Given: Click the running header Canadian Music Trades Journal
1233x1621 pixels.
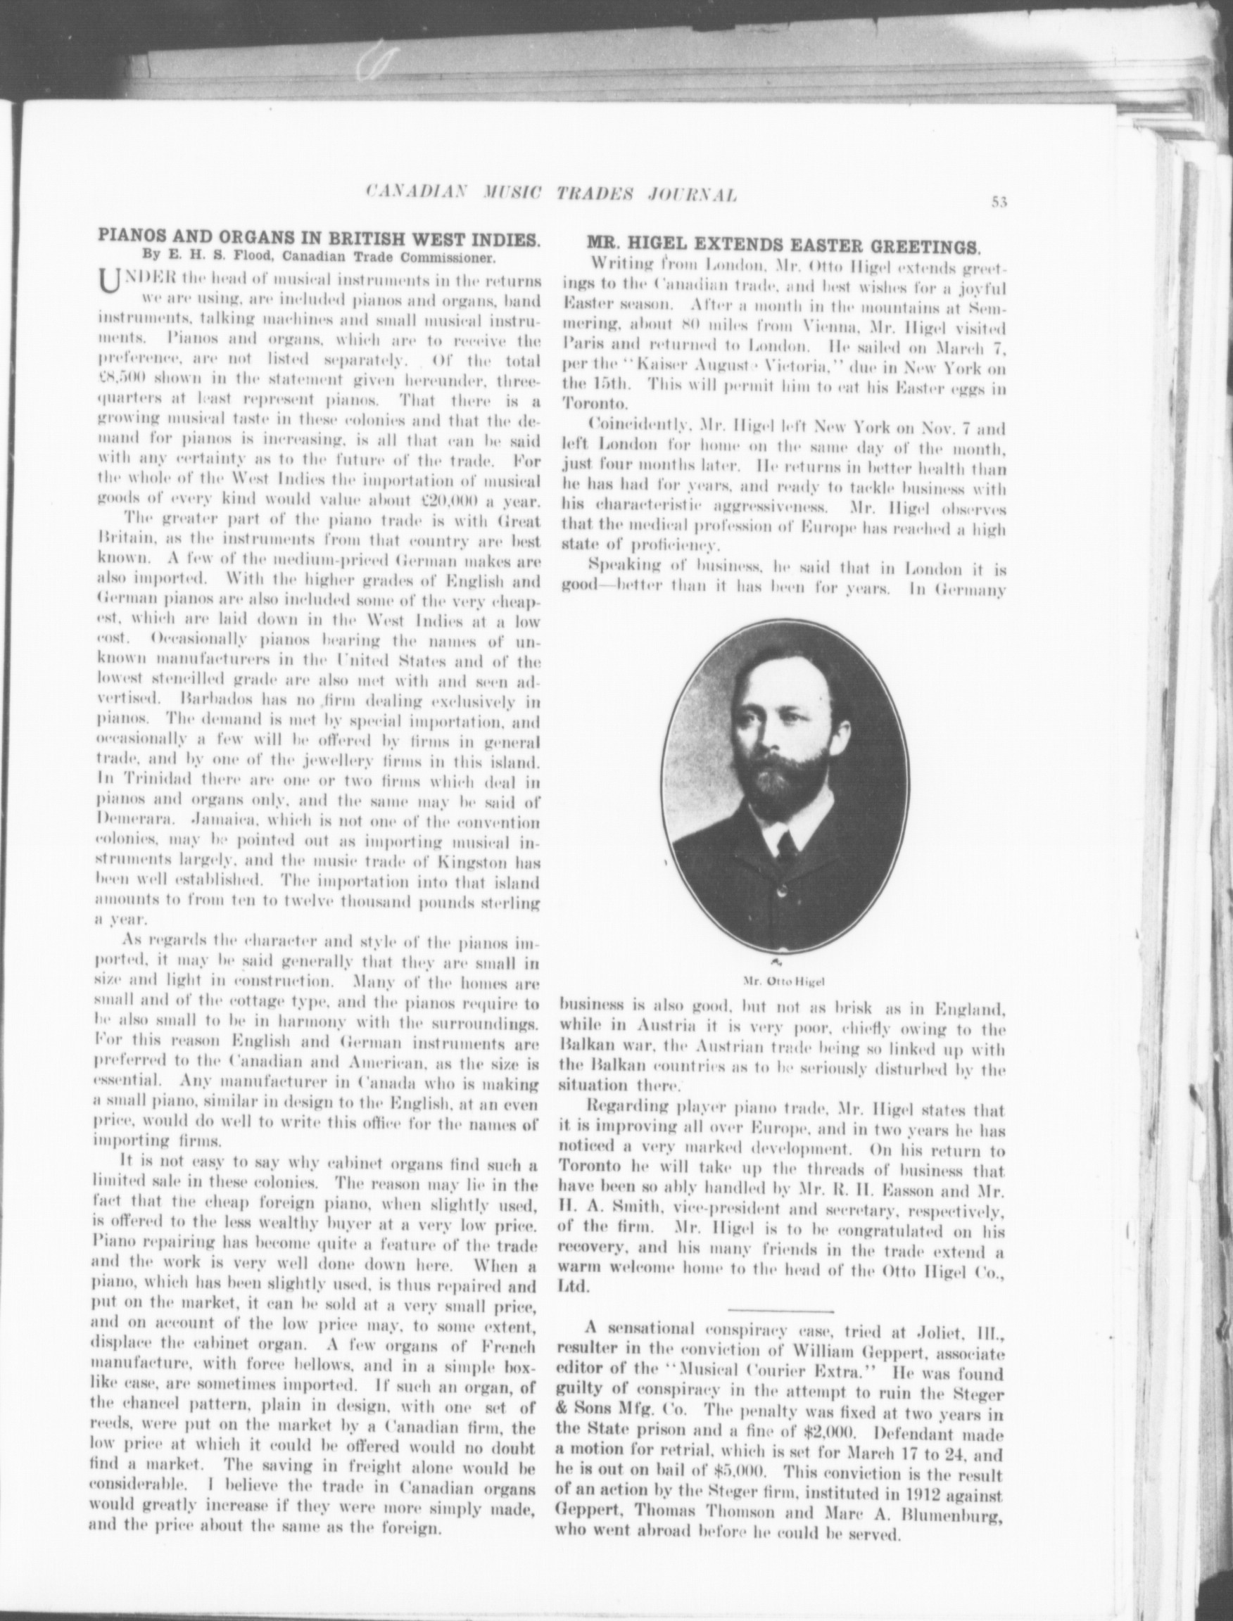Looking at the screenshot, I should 550,194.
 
